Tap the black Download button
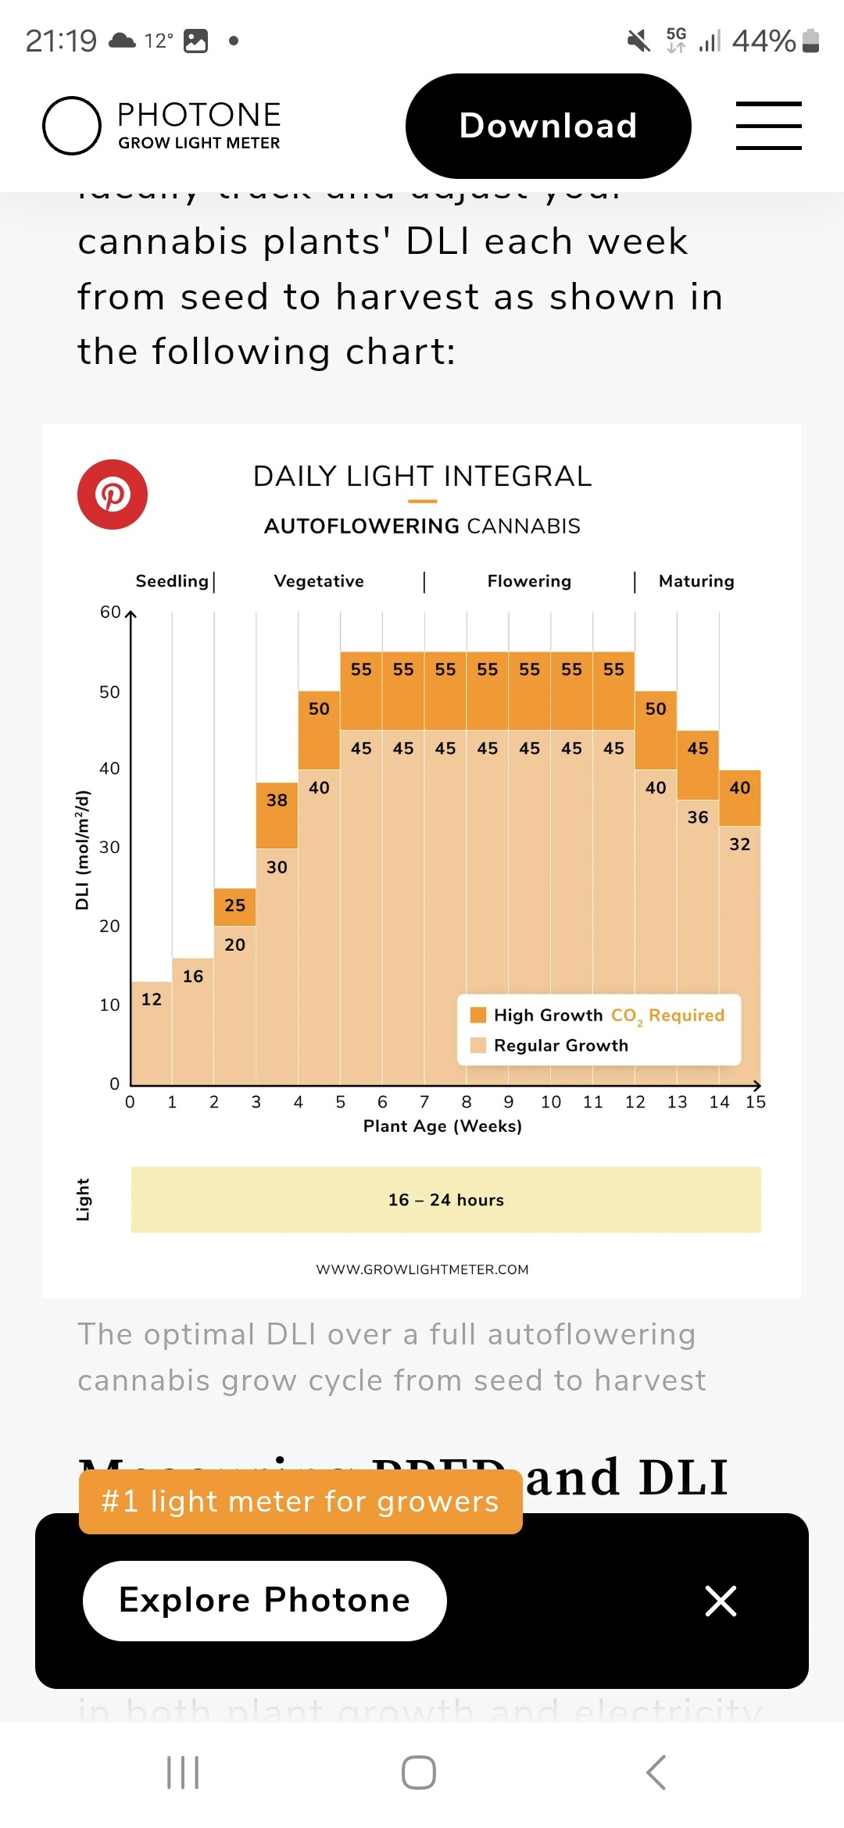tap(548, 126)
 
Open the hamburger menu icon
tap(768, 126)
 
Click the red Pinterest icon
tap(113, 494)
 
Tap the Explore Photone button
tap(264, 1601)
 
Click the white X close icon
tap(721, 1601)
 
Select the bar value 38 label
tap(277, 800)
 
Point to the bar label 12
tap(151, 999)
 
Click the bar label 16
tap(193, 976)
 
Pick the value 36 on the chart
tap(698, 817)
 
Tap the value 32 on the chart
tap(740, 844)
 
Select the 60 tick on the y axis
tap(110, 612)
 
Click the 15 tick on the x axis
tap(756, 1102)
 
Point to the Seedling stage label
tap(172, 581)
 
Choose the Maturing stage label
tap(696, 581)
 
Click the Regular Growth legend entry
tap(560, 1045)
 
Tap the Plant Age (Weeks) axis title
tap(442, 1126)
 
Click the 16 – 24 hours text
tap(446, 1200)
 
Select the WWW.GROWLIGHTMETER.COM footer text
tap(422, 1269)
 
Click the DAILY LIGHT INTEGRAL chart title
tap(422, 476)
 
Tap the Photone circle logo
tap(72, 126)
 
